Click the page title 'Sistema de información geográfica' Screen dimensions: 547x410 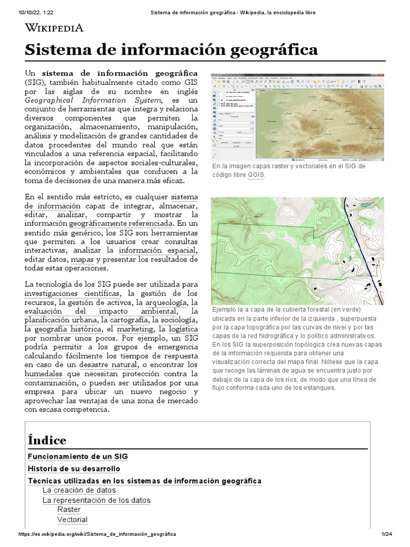[171, 50]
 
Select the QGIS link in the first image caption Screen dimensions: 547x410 [256, 175]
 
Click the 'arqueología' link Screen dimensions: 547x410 [166, 302]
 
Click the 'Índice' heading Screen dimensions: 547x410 [47, 440]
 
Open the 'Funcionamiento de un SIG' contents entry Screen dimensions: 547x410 [77, 457]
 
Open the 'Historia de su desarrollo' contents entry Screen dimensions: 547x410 [74, 469]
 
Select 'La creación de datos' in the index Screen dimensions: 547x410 [78, 490]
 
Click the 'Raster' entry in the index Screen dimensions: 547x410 [69, 509]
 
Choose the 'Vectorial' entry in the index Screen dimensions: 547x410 [73, 519]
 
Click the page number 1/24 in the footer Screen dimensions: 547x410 [387, 534]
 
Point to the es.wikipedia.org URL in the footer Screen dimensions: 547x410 [97, 534]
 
